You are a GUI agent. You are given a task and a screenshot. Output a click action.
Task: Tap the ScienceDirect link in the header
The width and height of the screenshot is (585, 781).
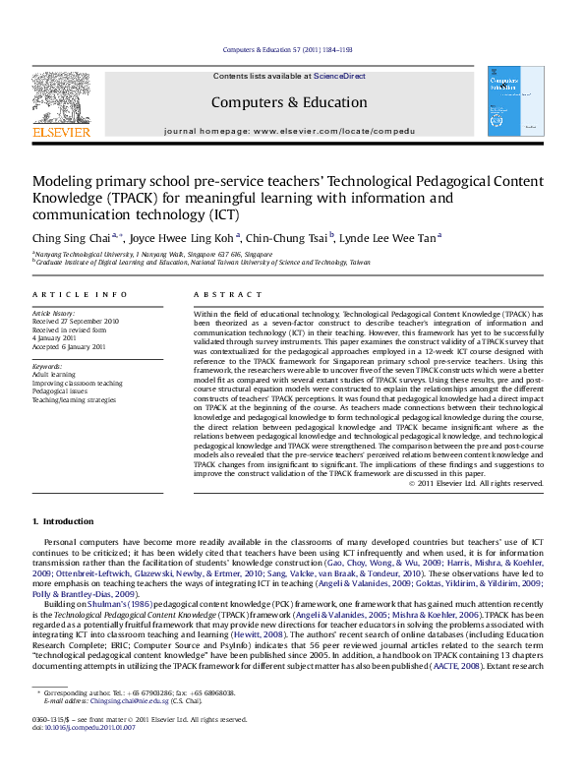339,76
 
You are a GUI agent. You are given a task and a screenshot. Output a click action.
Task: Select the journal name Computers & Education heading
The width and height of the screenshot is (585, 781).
288,102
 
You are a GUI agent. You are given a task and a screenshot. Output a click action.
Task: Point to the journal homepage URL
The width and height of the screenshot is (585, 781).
344,131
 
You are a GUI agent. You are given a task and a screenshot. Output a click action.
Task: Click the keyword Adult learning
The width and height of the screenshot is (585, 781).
54,374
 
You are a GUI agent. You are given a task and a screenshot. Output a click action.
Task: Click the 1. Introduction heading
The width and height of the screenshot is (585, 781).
64,520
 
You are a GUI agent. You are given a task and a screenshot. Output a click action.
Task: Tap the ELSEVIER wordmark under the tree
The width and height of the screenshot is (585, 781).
61,132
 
